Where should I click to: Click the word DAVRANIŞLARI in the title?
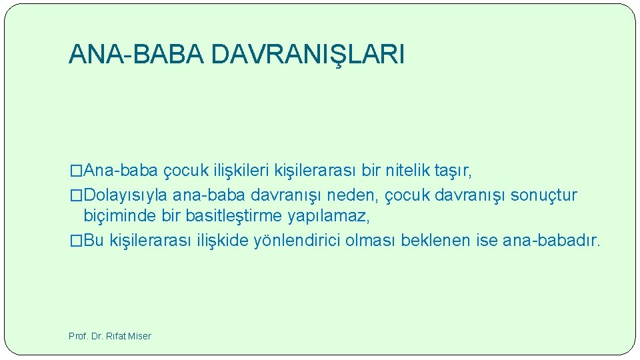[307, 55]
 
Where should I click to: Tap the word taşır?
[453, 171]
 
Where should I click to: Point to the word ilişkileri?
[241, 171]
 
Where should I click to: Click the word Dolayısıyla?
[126, 195]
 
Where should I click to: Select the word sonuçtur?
[543, 195]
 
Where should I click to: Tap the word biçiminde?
[117, 216]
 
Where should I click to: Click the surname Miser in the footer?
[139, 336]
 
